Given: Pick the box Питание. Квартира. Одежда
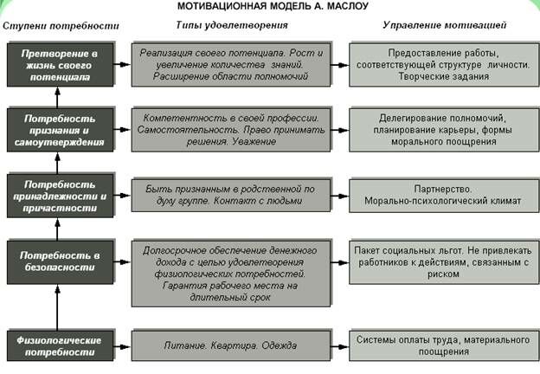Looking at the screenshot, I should [232, 345].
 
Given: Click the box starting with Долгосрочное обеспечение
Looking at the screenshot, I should [232, 274].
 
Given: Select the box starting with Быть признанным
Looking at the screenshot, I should [232, 194].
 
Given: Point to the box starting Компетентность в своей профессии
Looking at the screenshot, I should [232, 129].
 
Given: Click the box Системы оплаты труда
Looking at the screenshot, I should [440, 345].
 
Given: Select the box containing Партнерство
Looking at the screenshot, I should [440, 194].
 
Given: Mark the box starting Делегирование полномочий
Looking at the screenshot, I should [440, 129].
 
